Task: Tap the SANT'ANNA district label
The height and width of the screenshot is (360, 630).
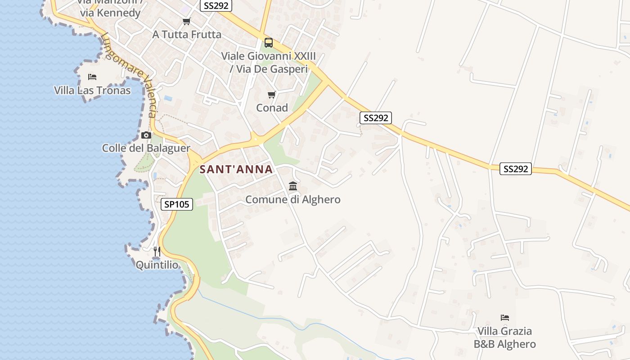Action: click(x=236, y=170)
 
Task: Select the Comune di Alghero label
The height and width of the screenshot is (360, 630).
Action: click(x=293, y=199)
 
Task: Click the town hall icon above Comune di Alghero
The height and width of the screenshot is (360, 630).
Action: click(x=293, y=186)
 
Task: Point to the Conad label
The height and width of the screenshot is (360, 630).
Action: click(x=272, y=108)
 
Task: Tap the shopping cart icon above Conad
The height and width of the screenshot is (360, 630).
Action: click(x=271, y=94)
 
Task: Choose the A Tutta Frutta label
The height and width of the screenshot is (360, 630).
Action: click(x=187, y=34)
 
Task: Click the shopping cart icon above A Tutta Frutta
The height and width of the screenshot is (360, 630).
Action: click(x=186, y=21)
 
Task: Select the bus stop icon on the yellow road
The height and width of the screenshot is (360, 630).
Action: click(x=269, y=43)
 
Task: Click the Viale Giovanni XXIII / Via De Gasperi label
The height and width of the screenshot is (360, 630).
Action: click(x=269, y=63)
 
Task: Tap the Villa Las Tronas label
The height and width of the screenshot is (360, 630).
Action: click(x=92, y=90)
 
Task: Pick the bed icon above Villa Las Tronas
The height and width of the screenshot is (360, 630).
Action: click(x=92, y=76)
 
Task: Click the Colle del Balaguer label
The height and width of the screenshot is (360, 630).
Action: click(x=146, y=148)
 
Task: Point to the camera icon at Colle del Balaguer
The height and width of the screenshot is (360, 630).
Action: click(x=146, y=135)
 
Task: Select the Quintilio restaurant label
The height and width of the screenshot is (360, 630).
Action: click(x=157, y=265)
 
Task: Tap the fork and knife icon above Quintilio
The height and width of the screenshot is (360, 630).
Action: click(x=157, y=251)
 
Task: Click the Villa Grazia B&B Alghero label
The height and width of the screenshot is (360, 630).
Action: click(x=504, y=337)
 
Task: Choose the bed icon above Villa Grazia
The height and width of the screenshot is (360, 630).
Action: click(x=504, y=318)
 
